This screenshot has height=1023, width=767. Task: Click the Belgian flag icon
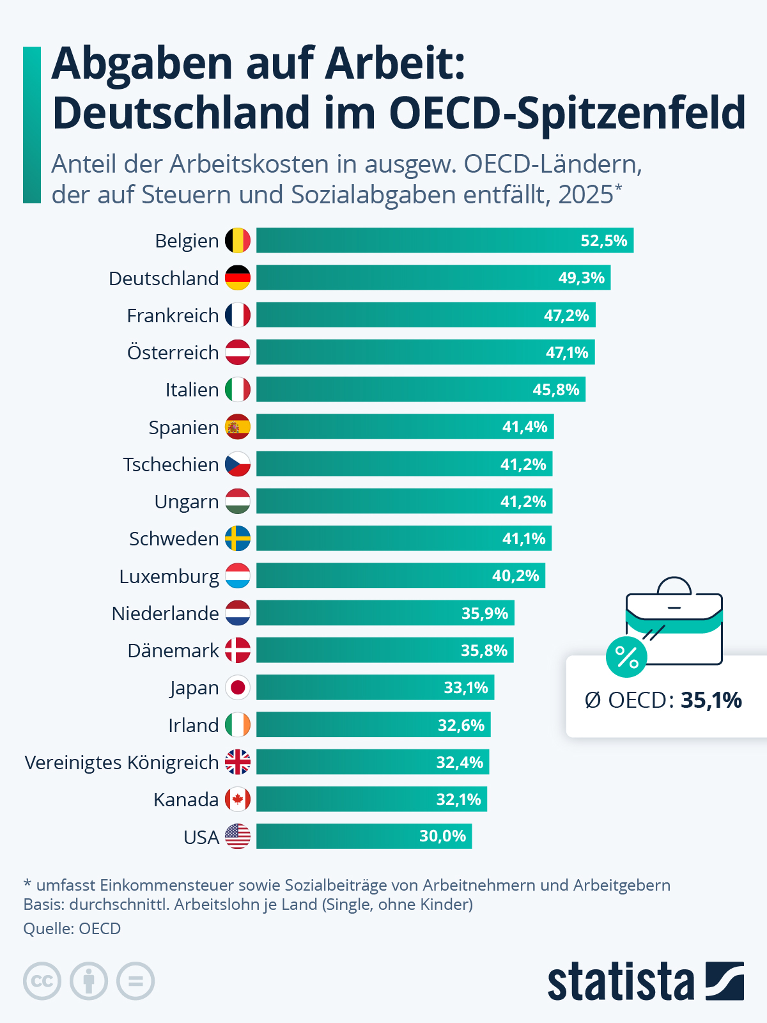click(x=238, y=240)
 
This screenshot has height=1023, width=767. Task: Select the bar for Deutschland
click(x=433, y=277)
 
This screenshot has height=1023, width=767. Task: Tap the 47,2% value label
click(x=566, y=315)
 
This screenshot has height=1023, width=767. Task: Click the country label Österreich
click(x=173, y=352)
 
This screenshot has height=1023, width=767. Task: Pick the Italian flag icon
click(x=238, y=389)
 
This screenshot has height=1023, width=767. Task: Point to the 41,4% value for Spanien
click(x=525, y=426)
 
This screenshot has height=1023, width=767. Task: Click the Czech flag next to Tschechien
click(x=238, y=464)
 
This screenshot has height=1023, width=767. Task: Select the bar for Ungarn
click(x=404, y=501)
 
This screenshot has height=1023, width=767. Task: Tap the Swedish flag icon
click(x=238, y=538)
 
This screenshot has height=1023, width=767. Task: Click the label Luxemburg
click(x=169, y=576)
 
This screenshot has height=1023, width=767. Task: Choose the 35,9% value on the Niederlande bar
click(x=484, y=613)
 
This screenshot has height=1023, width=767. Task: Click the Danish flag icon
click(x=238, y=650)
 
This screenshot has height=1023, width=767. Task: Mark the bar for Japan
click(x=375, y=687)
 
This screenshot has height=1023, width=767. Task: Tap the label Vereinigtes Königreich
click(x=121, y=762)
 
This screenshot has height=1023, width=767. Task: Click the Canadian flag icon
click(x=238, y=799)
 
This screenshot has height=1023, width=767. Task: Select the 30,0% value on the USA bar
click(x=442, y=836)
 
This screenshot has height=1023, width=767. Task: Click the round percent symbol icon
click(x=626, y=657)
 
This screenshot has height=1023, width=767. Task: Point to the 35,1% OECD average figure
click(x=711, y=700)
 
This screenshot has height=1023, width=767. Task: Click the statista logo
click(x=645, y=981)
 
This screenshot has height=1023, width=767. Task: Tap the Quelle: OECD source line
click(x=72, y=928)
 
